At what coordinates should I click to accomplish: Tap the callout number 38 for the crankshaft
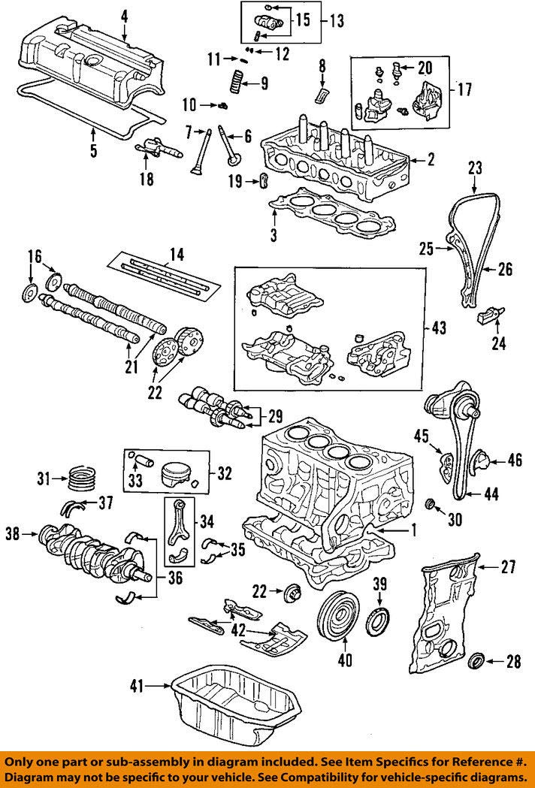coord(12,535)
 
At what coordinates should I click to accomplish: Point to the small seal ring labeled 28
coord(476,662)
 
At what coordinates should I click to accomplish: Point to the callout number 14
coord(177,255)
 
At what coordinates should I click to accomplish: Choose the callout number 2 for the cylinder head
coord(431,159)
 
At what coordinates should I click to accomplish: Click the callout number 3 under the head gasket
coord(274,236)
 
